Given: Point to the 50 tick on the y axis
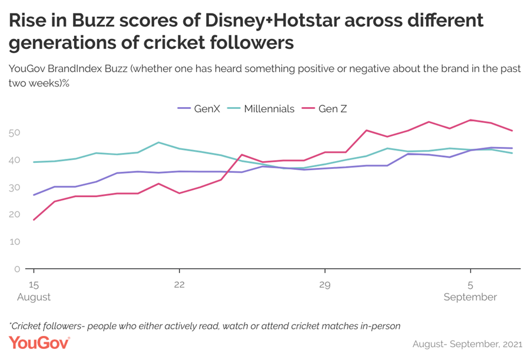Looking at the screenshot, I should click(15, 132).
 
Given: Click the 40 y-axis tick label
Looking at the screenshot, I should click(15, 160).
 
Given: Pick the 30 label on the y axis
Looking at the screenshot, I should click(15, 187).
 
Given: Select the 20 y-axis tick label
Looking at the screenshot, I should click(15, 215).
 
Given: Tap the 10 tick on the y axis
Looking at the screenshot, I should click(15, 242).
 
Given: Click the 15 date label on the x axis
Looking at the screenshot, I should click(34, 284).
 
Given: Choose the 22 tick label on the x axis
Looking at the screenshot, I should click(180, 284).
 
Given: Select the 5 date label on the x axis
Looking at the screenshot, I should click(470, 284).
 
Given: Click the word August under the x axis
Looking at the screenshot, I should click(34, 297).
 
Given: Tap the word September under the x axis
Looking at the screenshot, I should click(470, 297).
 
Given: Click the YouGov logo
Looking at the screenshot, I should click(39, 342).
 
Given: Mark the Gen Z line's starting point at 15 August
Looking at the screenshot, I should click(34, 220).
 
